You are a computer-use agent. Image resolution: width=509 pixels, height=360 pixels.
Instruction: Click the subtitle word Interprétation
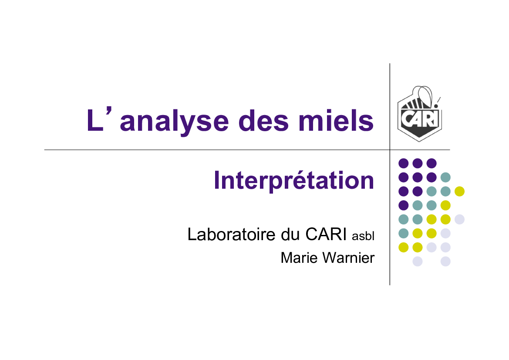294,180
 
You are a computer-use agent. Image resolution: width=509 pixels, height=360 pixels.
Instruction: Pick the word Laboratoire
232,234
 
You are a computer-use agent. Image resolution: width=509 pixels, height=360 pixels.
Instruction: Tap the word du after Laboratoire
290,234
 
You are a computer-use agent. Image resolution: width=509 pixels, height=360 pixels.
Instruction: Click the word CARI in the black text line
326,234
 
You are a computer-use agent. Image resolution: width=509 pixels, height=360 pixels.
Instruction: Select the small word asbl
363,236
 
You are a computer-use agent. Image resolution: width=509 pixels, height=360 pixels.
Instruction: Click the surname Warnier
349,258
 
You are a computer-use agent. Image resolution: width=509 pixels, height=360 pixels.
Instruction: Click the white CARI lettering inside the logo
419,119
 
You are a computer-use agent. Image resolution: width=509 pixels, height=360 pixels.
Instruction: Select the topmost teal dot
445,177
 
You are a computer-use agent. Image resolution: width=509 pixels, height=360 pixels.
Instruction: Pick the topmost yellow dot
459,191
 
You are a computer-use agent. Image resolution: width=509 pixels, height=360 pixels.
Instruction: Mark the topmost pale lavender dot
459,219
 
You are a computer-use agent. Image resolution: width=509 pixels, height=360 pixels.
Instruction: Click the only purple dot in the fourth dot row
404,205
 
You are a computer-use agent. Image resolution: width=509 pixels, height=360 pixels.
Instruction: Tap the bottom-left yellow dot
404,247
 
